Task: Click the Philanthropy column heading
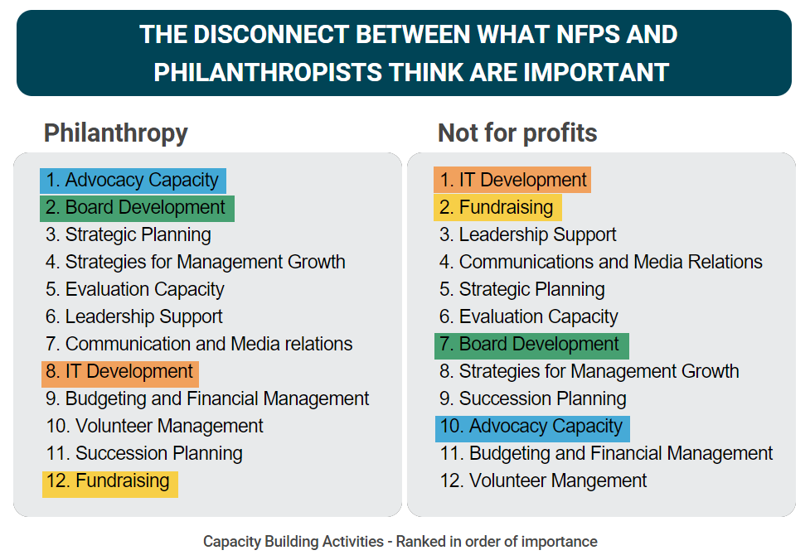pyautogui.click(x=115, y=133)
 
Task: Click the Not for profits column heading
pyautogui.click(x=517, y=133)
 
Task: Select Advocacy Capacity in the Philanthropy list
pyautogui.click(x=133, y=181)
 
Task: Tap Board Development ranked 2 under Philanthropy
pyautogui.click(x=138, y=208)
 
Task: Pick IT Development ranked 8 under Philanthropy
pyautogui.click(x=120, y=372)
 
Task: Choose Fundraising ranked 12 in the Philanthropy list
pyautogui.click(x=109, y=481)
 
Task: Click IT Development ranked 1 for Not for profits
pyautogui.click(x=512, y=180)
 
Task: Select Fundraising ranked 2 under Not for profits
pyautogui.click(x=497, y=207)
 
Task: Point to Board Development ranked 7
pyautogui.click(x=531, y=345)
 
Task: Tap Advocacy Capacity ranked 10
pyautogui.click(x=531, y=427)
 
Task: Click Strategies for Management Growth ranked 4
pyautogui.click(x=196, y=263)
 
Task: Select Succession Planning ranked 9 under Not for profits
pyautogui.click(x=533, y=399)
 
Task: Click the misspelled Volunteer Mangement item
pyautogui.click(x=544, y=481)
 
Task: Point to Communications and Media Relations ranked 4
pyautogui.click(x=601, y=263)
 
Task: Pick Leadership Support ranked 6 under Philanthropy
pyautogui.click(x=134, y=317)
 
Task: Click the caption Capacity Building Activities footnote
pyautogui.click(x=400, y=542)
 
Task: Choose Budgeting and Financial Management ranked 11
pyautogui.click(x=607, y=454)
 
